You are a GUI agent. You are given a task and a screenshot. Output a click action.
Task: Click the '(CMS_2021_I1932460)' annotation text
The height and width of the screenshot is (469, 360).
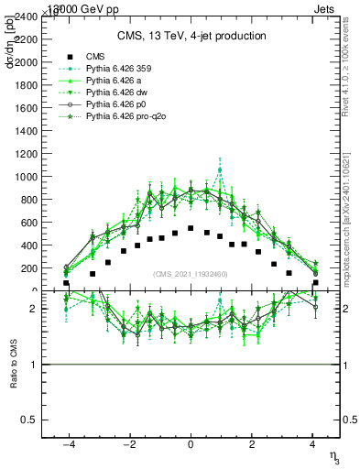tap(191, 274)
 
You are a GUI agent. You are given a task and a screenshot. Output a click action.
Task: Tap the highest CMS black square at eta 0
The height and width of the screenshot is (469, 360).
tap(191, 228)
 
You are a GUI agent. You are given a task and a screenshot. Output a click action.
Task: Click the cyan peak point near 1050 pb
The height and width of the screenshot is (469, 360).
tap(220, 170)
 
